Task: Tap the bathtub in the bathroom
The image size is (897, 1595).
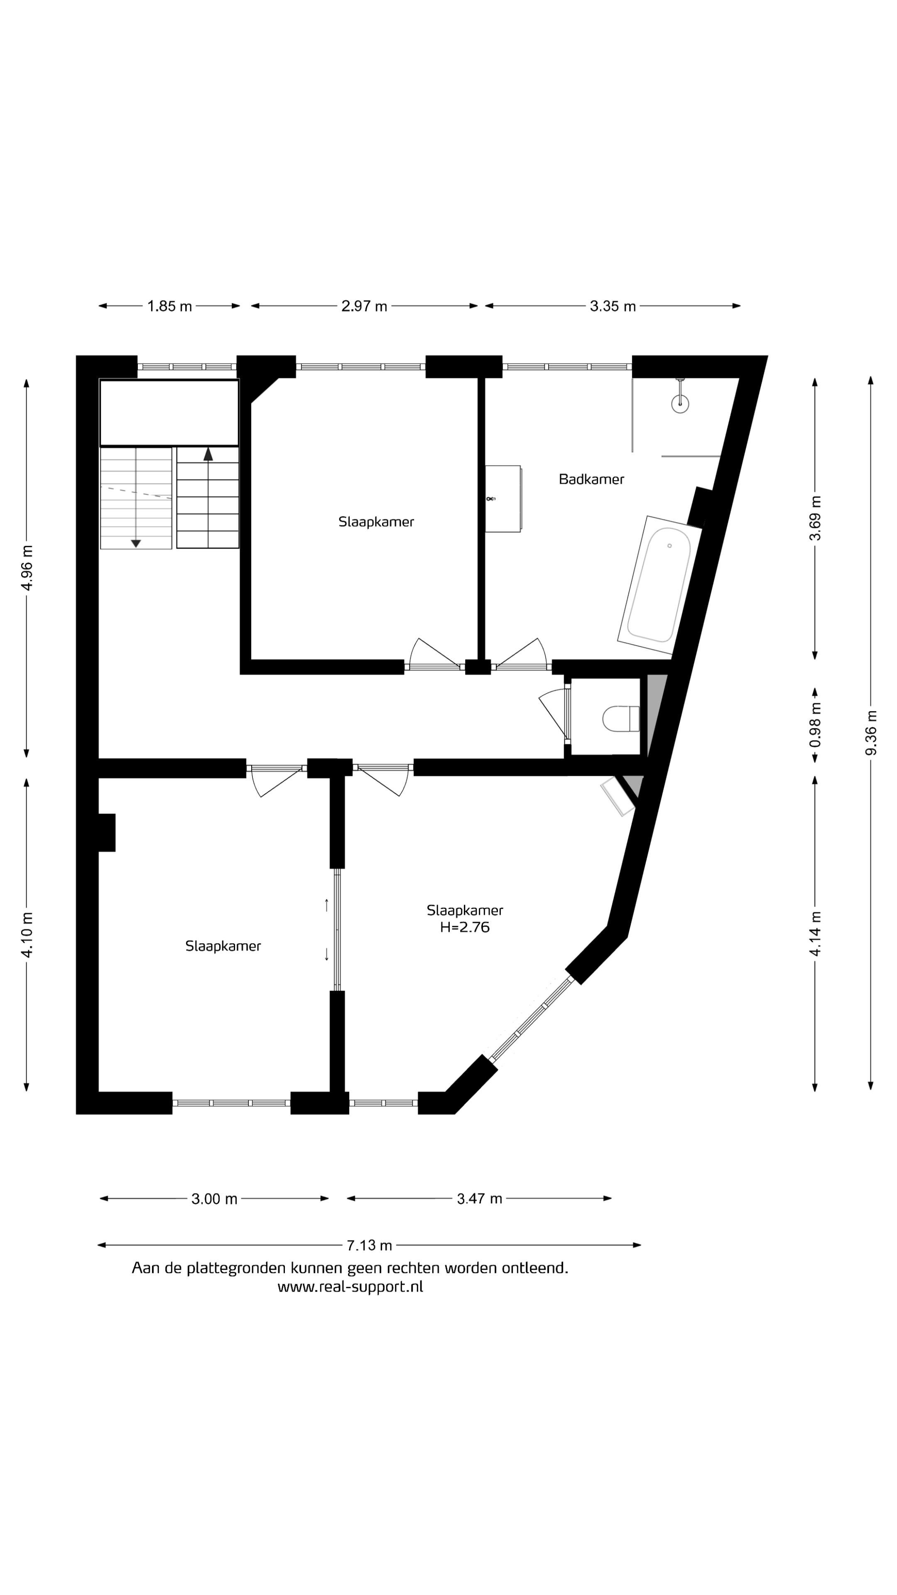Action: coord(659,585)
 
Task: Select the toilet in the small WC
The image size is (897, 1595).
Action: coord(621,719)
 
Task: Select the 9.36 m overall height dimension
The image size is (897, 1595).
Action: coord(872,732)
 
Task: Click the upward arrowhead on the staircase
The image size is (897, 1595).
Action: coord(208,454)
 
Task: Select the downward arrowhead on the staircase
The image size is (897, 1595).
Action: coord(135,544)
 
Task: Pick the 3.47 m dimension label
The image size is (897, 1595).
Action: coord(479,1199)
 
